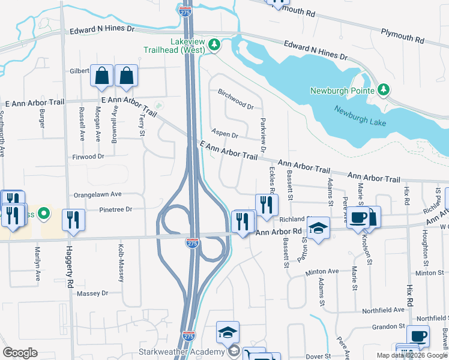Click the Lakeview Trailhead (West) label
(x=178, y=46)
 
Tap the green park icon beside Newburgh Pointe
(x=383, y=90)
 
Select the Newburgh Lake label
(x=361, y=117)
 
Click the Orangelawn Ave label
(x=97, y=194)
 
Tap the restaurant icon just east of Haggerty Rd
(x=73, y=220)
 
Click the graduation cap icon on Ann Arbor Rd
(x=318, y=228)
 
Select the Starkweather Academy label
(x=189, y=351)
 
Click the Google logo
(x=19, y=353)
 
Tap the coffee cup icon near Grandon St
(x=418, y=336)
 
